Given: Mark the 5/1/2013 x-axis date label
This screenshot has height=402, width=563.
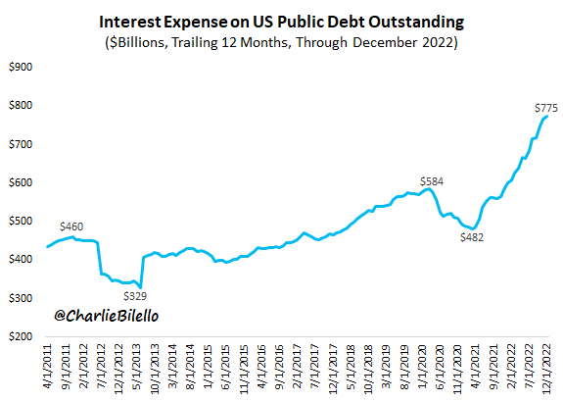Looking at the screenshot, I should (x=137, y=368).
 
